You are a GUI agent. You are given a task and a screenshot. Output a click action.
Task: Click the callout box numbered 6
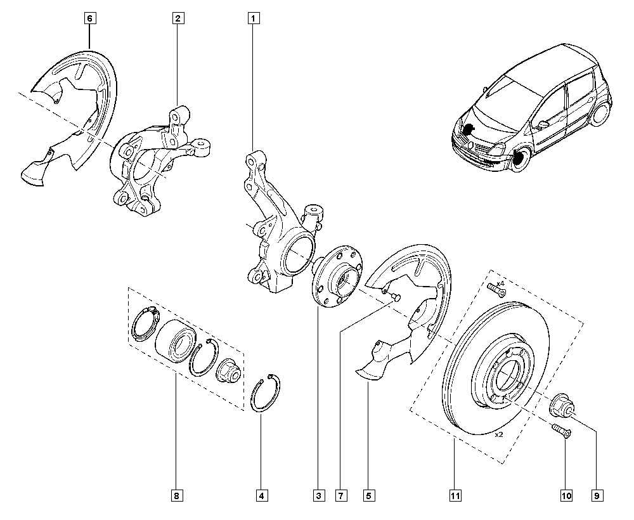click(x=89, y=18)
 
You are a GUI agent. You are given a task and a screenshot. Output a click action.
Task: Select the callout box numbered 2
click(x=178, y=18)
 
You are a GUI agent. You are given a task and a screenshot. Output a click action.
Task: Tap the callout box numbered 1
click(x=254, y=18)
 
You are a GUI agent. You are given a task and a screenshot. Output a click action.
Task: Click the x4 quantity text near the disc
click(x=500, y=283)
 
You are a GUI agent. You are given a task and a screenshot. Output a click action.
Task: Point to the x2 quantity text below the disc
click(x=498, y=435)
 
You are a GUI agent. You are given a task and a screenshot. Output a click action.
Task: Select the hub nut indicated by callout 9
click(x=561, y=405)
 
